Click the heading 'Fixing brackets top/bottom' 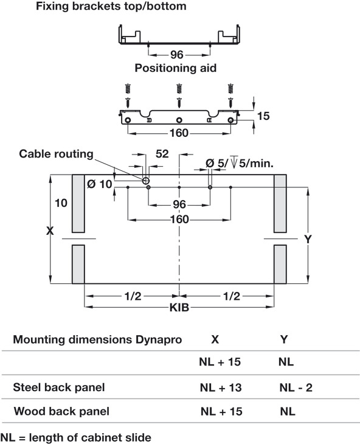point(111,6)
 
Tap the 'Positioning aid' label point(176,68)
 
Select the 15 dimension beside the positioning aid point(263,116)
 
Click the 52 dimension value point(162,154)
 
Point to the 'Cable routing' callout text point(56,154)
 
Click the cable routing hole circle point(146,181)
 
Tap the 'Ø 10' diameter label point(100,184)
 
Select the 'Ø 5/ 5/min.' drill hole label point(240,163)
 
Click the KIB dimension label point(179,308)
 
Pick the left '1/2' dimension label point(133,296)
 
